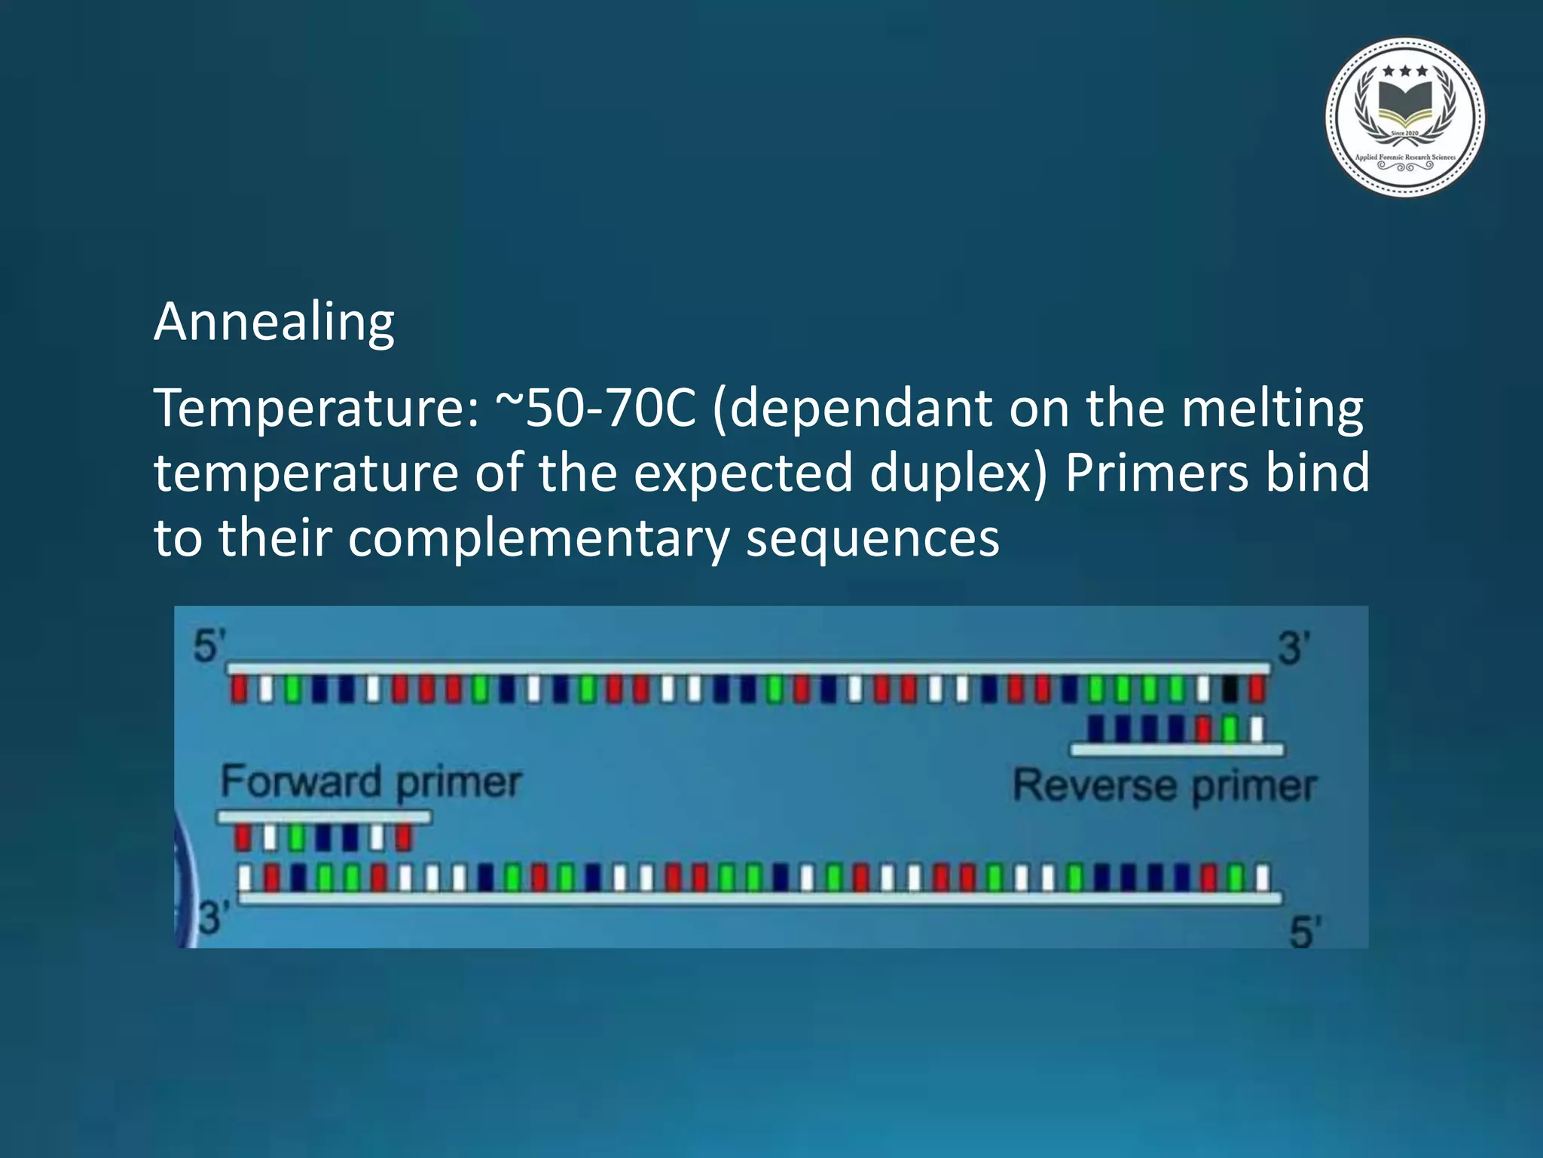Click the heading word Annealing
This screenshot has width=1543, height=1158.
pyautogui.click(x=274, y=322)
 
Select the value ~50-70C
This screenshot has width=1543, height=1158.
pyautogui.click(x=595, y=409)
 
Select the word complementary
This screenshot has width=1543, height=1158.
pyautogui.click(x=538, y=538)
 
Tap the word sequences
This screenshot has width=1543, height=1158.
pyautogui.click(x=872, y=538)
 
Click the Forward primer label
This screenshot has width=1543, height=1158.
pyautogui.click(x=371, y=782)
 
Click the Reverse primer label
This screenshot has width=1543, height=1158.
pyautogui.click(x=1164, y=786)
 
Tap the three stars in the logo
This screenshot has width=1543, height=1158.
pyautogui.click(x=1405, y=72)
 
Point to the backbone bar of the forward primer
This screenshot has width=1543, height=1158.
pyautogui.click(x=324, y=816)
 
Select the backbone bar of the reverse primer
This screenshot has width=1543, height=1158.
pyautogui.click(x=1177, y=749)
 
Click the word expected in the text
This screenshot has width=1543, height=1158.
pyautogui.click(x=743, y=473)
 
